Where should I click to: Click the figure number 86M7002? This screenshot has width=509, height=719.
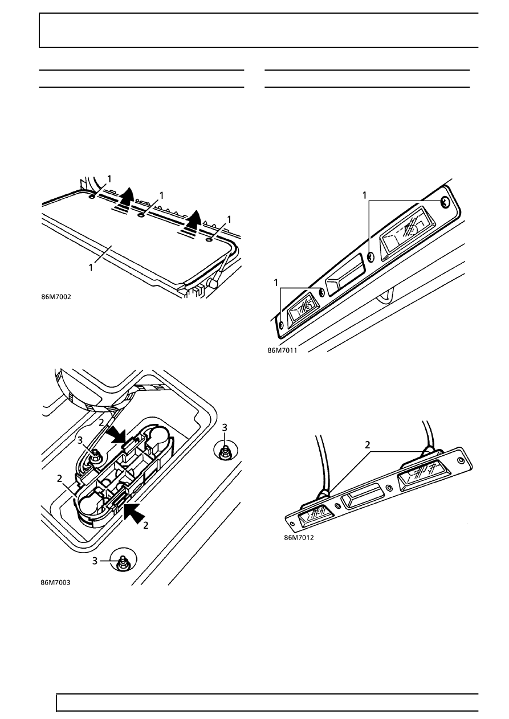56,296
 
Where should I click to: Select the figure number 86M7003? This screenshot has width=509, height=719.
55,582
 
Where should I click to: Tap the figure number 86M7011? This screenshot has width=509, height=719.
283,350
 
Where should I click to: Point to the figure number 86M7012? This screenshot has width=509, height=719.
299,537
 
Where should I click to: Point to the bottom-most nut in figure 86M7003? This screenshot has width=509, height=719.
123,563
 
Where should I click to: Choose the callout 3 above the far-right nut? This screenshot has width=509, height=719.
225,426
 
